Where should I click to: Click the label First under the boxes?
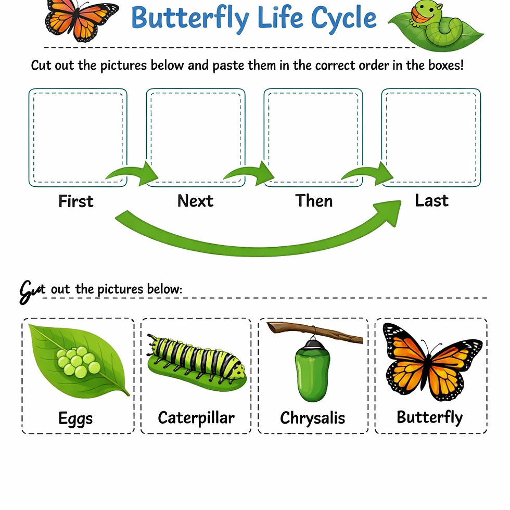point(76,201)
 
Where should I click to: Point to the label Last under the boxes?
point(431,200)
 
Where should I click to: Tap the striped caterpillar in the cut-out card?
point(196,359)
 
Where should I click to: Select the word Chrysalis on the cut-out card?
point(312,418)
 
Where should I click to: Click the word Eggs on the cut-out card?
point(76,418)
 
